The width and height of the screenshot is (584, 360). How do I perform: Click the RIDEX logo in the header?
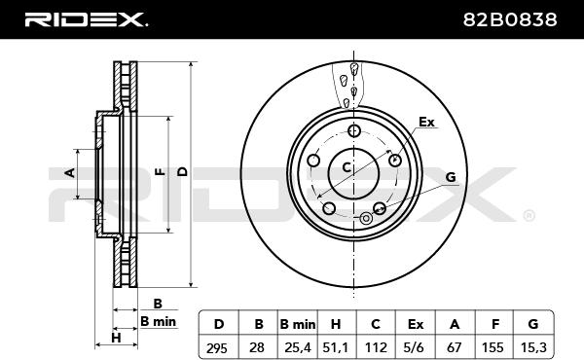point(86,19)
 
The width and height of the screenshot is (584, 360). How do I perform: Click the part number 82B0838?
point(510,19)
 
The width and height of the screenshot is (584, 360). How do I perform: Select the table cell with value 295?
point(217,347)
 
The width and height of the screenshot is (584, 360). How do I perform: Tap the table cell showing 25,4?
point(298,347)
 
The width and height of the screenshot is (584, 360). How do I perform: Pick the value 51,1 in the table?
point(337,347)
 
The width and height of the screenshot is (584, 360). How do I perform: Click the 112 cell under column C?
point(376,347)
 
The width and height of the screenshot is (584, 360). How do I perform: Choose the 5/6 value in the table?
point(415,347)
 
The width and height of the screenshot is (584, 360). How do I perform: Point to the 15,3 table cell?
point(533,347)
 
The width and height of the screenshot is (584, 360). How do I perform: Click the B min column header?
point(298,324)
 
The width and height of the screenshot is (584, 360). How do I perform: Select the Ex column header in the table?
point(416,324)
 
